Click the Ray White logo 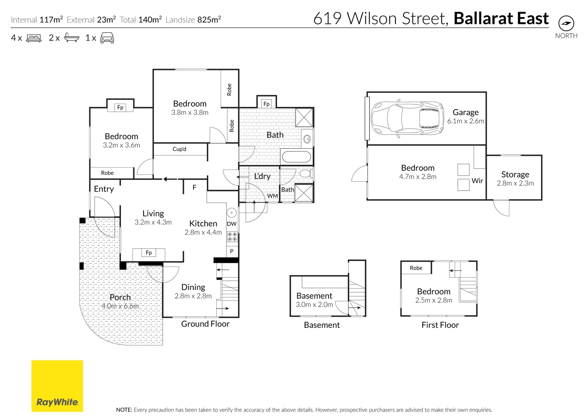pos(57,386)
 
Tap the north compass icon pos(566,23)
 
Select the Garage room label pos(466,112)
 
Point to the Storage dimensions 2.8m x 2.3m pos(515,183)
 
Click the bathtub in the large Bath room pos(296,157)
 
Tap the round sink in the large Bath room pos(307,139)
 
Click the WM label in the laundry pos(272,196)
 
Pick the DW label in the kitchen pos(231,224)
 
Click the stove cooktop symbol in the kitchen pos(232,237)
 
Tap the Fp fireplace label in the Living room pos(149,253)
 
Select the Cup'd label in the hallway pos(179,149)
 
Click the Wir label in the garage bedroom pos(477,181)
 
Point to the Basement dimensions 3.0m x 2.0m pos(314,305)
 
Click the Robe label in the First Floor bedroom pos(416,268)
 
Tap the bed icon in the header pos(34,38)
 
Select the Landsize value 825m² pos(209,20)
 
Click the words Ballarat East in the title pos(501,18)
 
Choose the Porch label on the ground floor pos(120,297)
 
